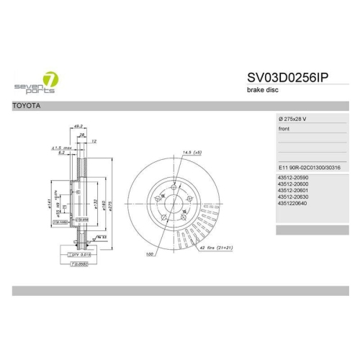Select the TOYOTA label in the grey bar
[x=27, y=107]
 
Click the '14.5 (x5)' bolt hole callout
[x=191, y=153]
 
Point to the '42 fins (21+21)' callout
[x=217, y=248]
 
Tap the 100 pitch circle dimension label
[x=150, y=254]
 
